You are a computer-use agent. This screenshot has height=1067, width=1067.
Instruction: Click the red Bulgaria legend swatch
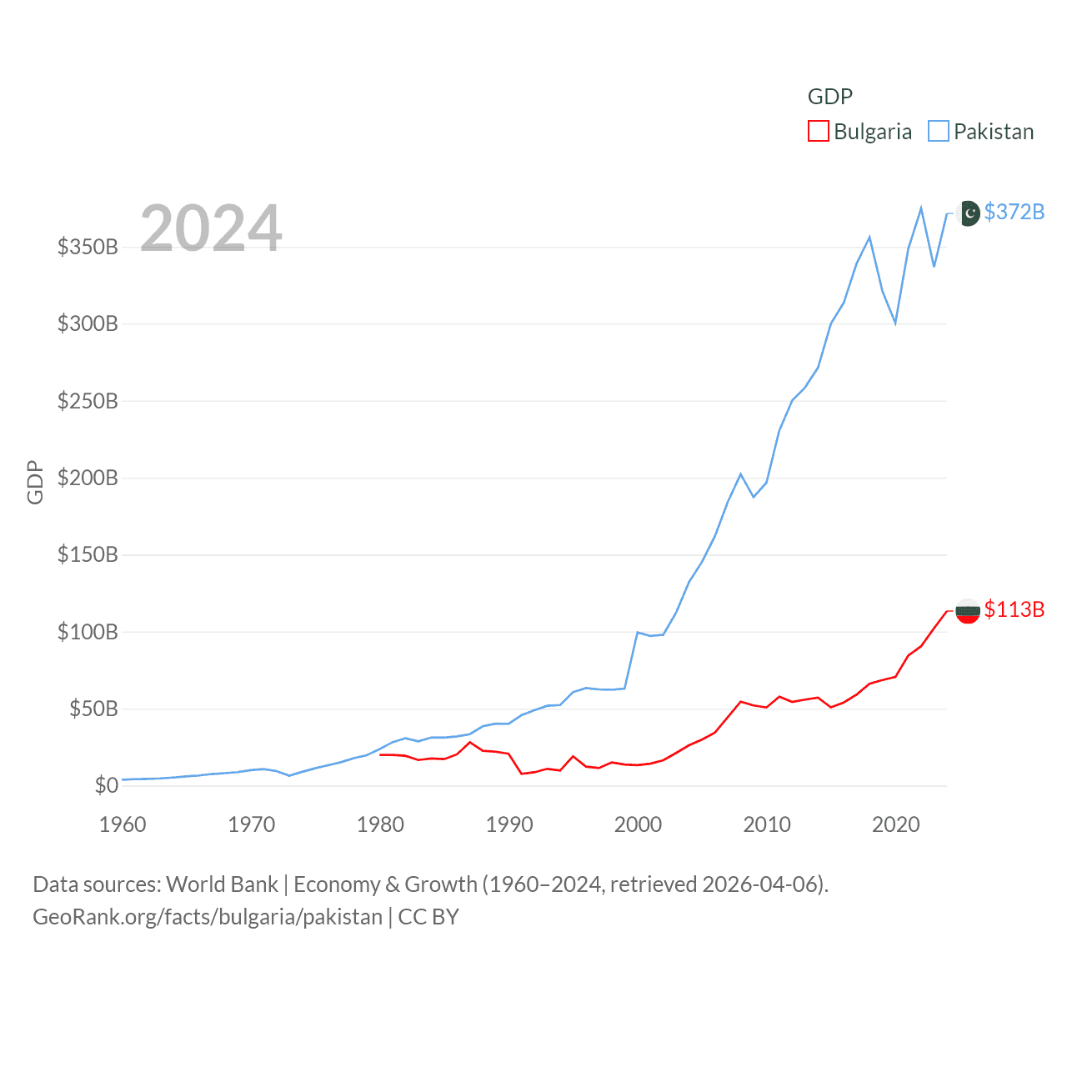coord(819,132)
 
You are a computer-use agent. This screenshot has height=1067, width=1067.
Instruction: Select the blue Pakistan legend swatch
coord(939,132)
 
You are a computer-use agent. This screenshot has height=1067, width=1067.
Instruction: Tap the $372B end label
coord(1014,212)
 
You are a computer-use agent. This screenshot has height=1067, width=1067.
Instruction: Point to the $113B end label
coord(1014,609)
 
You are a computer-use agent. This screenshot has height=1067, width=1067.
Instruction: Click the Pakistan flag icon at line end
coord(968,213)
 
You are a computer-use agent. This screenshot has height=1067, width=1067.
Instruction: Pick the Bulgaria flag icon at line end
coord(968,611)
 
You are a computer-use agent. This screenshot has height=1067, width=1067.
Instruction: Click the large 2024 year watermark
coord(211,228)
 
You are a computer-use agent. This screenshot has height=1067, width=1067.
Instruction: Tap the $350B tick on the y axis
coord(88,247)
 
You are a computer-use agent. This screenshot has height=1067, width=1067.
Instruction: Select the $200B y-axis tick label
coord(88,478)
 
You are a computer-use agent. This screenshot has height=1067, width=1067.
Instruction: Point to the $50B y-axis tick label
coord(93,709)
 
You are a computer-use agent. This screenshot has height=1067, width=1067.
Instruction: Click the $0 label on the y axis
coord(106,785)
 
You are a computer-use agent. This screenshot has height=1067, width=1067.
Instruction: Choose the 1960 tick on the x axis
coord(123,824)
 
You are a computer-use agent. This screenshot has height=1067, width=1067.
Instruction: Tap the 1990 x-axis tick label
coord(509,824)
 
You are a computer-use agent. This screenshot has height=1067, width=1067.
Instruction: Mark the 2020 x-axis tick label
coord(896,824)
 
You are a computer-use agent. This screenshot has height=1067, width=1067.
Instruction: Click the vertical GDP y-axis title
coord(35,482)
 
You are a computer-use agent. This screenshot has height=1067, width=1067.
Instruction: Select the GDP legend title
coord(830,97)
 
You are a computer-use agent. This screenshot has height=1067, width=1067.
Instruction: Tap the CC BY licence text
coord(428,917)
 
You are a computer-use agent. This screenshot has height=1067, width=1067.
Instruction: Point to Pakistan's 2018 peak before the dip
coord(869,238)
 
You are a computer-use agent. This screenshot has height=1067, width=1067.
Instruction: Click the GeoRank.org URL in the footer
coord(207,917)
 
